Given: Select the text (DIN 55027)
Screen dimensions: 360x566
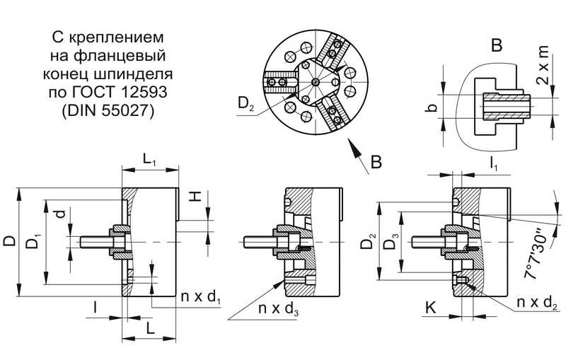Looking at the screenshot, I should (x=108, y=111).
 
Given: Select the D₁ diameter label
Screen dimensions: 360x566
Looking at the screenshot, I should (x=33, y=243).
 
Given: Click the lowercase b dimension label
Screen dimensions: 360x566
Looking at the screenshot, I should (x=433, y=110).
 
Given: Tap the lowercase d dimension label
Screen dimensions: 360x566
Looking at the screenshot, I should (x=62, y=211).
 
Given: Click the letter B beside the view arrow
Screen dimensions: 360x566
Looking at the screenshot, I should (x=376, y=163).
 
